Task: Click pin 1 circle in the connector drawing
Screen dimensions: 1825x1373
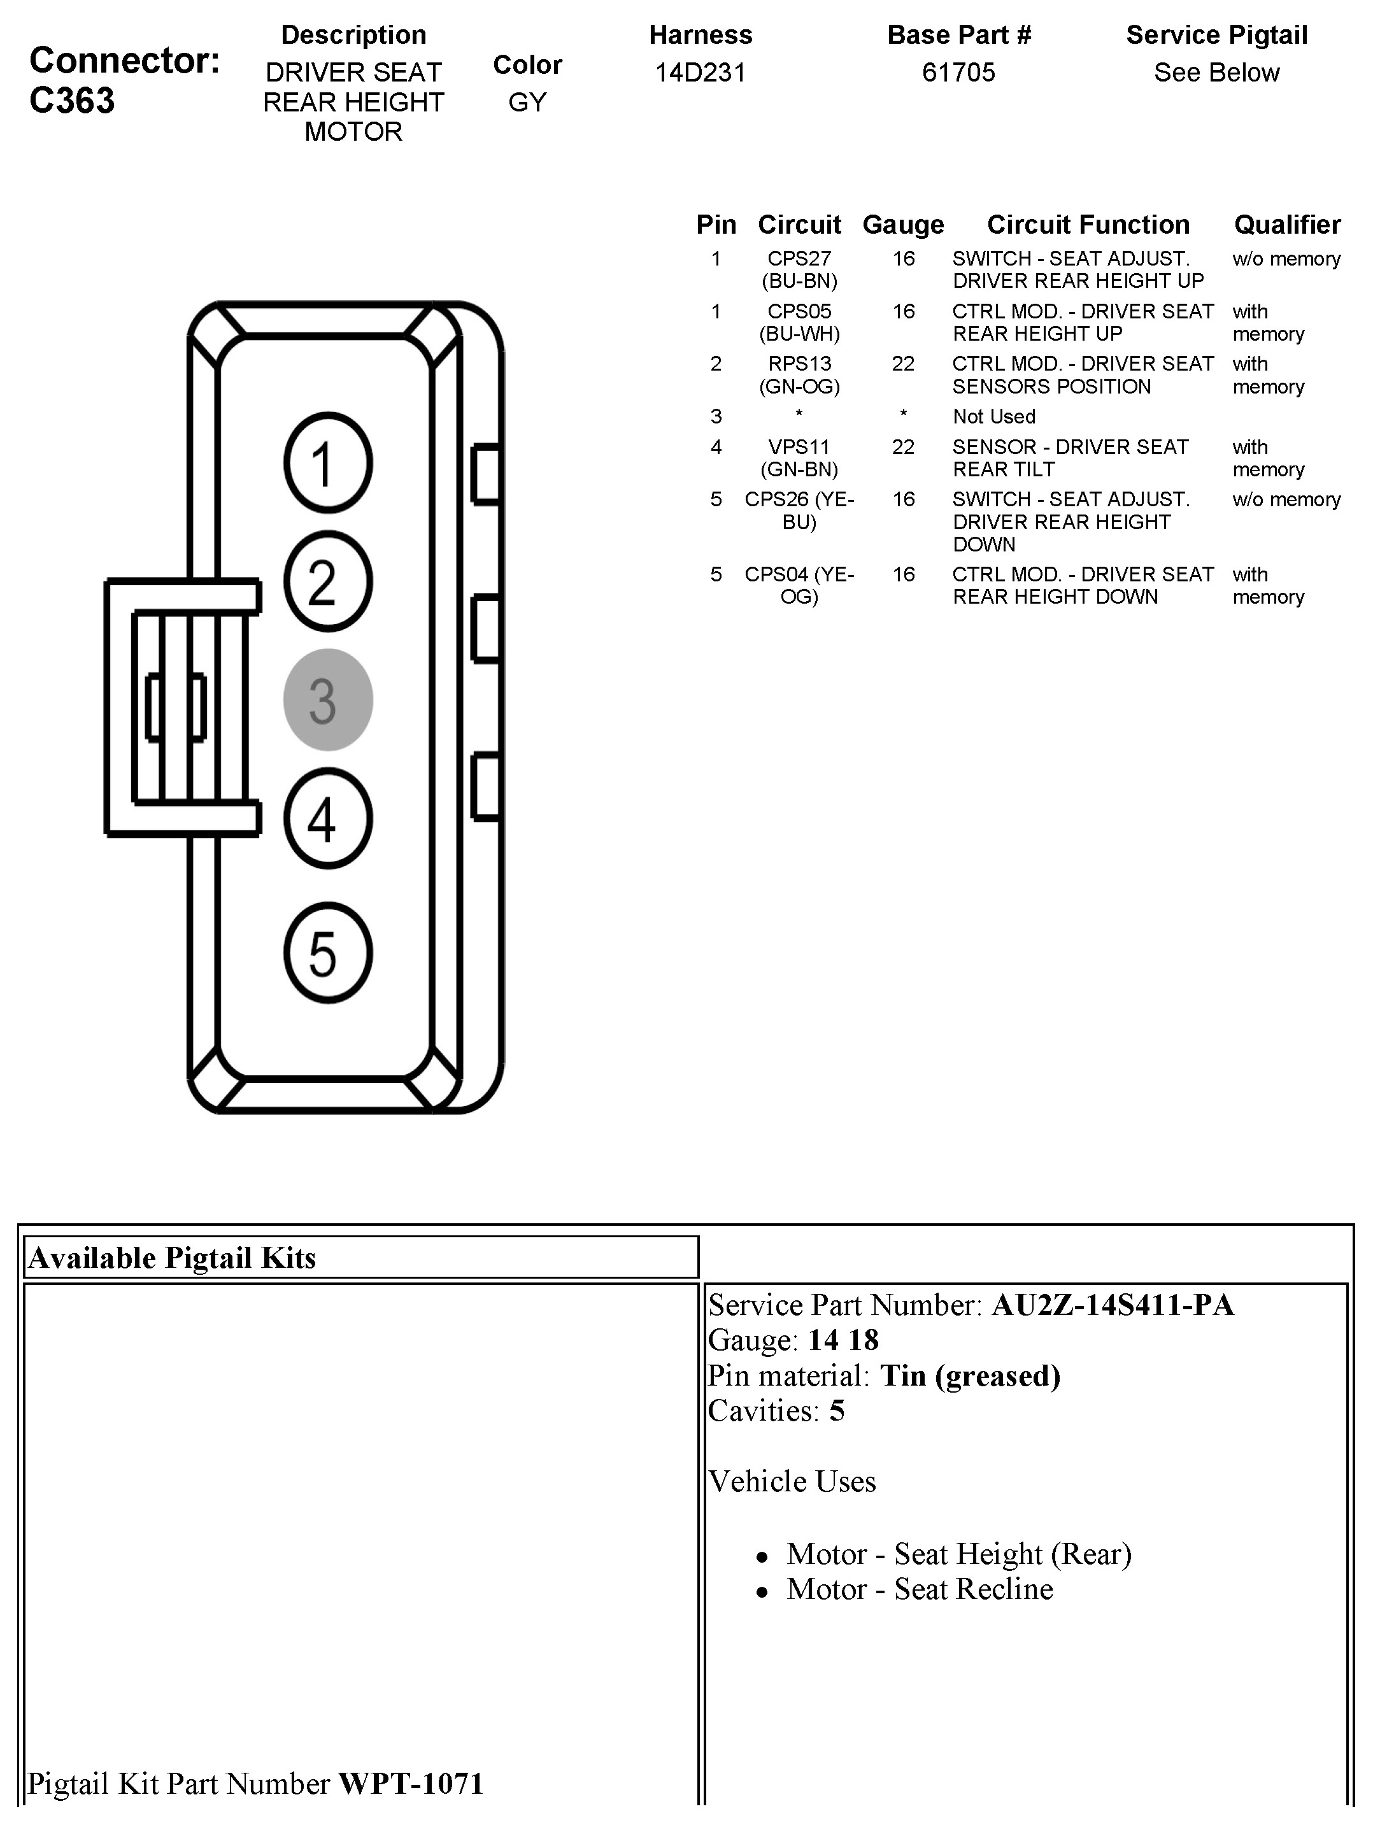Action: coord(327,463)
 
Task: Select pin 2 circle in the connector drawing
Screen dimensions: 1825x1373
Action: coord(327,581)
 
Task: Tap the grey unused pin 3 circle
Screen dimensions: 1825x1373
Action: coord(327,700)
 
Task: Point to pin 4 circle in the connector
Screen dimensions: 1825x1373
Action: coord(327,818)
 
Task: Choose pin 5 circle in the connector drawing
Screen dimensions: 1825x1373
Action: coord(327,953)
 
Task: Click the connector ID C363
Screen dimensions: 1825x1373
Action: coord(72,101)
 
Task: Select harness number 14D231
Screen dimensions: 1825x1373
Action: coord(700,73)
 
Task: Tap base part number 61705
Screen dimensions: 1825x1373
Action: coord(958,73)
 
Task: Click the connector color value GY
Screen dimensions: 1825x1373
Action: coord(527,103)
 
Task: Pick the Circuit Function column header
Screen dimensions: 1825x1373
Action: coord(1088,224)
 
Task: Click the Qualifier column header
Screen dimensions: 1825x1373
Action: coord(1286,224)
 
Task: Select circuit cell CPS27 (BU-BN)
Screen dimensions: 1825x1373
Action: coord(799,270)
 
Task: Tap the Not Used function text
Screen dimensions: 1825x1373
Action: coord(993,416)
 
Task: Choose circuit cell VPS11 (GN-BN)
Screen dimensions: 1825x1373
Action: coord(799,458)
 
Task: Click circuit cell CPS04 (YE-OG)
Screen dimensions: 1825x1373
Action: coord(799,585)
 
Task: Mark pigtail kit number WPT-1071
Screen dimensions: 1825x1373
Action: coord(410,1783)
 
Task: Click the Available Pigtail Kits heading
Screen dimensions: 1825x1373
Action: coord(173,1258)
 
